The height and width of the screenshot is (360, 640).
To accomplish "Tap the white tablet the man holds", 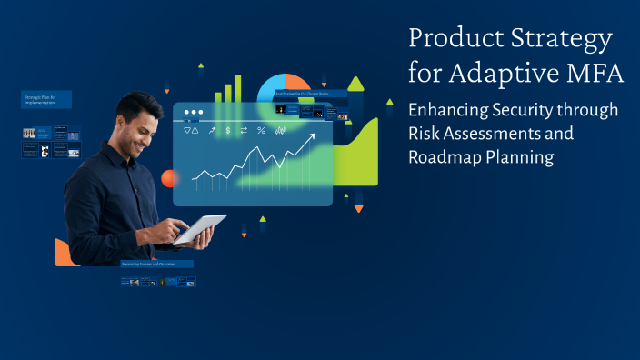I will point(201,228).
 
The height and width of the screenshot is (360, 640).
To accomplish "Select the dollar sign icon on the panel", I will point(228,131).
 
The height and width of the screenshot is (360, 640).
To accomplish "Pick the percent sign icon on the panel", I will point(261,131).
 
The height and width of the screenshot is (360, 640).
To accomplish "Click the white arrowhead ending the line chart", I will point(311,138).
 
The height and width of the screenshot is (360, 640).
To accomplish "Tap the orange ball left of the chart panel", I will point(168,178).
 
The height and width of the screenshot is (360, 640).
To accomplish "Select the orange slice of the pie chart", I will point(298,83).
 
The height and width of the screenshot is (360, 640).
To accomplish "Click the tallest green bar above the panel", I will point(238,87).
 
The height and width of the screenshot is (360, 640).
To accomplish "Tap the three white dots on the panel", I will point(193,113).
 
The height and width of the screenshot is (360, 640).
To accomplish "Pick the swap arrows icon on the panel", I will point(244,131).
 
